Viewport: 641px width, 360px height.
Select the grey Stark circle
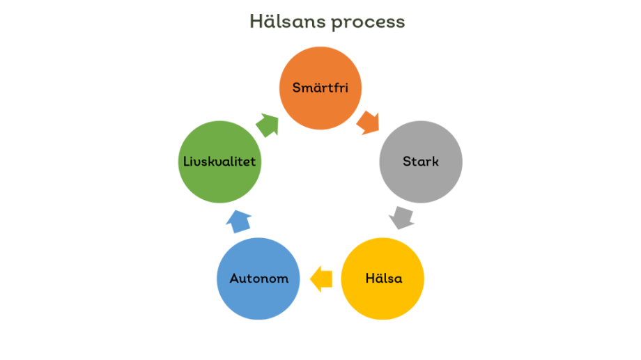420,162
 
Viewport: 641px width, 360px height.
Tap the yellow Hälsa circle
383,279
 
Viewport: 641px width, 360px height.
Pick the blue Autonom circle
258,279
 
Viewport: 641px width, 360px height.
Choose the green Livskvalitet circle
219,162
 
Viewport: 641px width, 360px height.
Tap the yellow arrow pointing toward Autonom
320,279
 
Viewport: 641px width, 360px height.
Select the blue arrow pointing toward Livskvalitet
239,221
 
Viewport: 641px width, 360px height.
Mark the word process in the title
368,22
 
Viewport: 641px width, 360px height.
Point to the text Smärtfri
320,88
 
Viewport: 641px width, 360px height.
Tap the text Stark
420,162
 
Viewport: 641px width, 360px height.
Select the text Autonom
258,279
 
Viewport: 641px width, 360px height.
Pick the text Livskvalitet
219,162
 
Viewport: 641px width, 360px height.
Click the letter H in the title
256,22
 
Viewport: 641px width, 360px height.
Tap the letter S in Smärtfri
297,88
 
